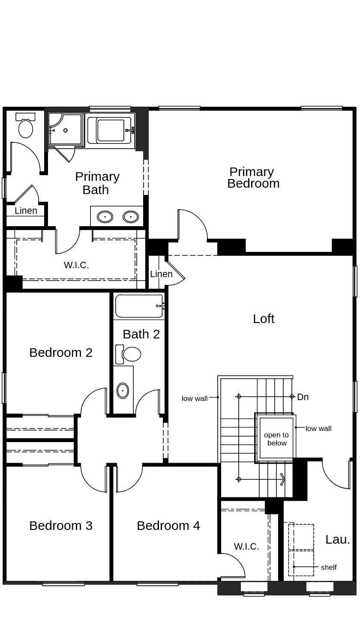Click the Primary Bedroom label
pos(253,177)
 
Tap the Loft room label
pos(264,319)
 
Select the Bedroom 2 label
pos(61,353)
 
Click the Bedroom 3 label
pos(61,526)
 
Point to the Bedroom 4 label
pos(168,526)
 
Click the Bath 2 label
pos(141,334)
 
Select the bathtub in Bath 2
pos(139,306)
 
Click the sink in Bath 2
pos(123,390)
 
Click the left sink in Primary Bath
pos(105,217)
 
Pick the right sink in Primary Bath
pos(131,217)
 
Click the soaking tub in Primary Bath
pos(111,130)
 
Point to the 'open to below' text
pos(276,439)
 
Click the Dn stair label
pos(303,397)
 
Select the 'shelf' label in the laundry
pos(329,567)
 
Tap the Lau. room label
pos(338,540)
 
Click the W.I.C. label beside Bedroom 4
pos(246,547)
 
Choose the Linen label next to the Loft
pos(161,274)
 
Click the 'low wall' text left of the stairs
pos(195,398)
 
